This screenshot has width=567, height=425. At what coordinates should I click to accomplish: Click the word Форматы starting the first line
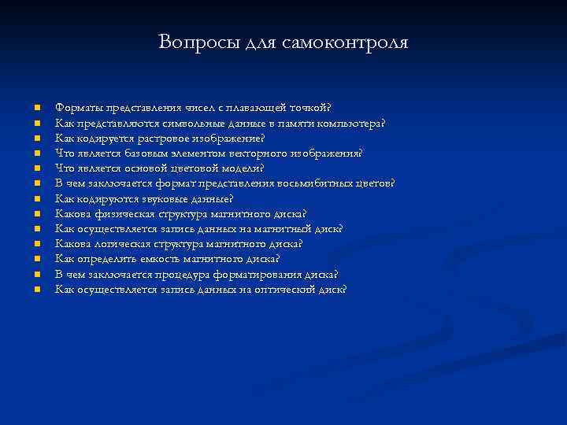click(x=77, y=107)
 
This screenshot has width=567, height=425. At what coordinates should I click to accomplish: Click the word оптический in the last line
click(x=287, y=289)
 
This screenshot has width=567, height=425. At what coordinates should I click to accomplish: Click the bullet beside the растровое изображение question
click(x=36, y=138)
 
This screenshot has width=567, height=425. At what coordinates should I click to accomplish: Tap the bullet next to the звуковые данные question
click(x=36, y=198)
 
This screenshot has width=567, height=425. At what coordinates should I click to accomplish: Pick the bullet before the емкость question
click(x=36, y=259)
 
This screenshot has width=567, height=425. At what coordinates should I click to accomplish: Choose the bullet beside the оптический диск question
click(x=36, y=289)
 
